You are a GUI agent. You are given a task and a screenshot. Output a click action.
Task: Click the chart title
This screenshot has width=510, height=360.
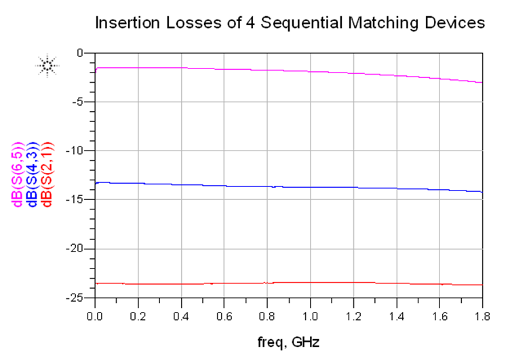[x=290, y=23]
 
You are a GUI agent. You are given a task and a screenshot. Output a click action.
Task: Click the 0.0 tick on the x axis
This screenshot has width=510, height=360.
[x=96, y=315]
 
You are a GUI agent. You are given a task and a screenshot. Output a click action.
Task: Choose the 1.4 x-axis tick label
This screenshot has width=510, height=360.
[x=396, y=315]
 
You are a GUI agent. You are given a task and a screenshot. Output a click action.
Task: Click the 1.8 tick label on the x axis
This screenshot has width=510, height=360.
[x=482, y=315]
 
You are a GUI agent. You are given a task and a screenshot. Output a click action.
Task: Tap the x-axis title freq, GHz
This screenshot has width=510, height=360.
[x=288, y=342]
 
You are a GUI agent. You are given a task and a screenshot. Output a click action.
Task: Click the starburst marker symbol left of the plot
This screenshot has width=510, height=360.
[x=47, y=65]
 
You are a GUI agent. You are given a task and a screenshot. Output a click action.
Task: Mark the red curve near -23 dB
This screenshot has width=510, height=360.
[x=271, y=283]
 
